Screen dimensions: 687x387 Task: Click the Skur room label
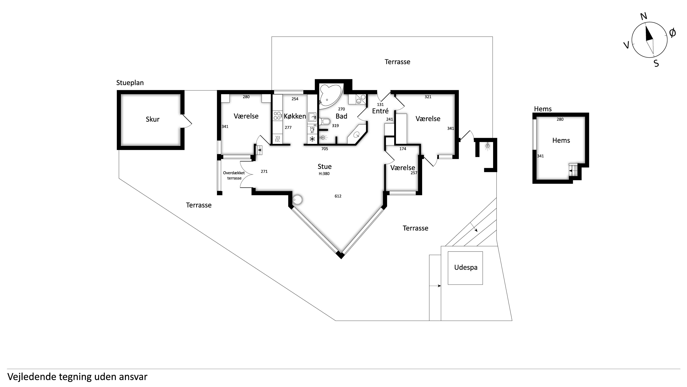pyautogui.click(x=153, y=119)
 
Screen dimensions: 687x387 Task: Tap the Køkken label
pyautogui.click(x=295, y=116)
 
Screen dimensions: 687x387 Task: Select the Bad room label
pyautogui.click(x=341, y=116)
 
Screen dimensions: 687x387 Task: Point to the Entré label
pyautogui.click(x=380, y=111)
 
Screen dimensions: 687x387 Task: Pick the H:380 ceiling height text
pyautogui.click(x=324, y=174)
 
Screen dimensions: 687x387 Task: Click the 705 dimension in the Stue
pyautogui.click(x=325, y=149)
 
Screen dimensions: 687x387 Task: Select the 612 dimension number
pyautogui.click(x=338, y=196)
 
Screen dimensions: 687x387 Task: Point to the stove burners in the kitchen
pyautogui.click(x=277, y=116)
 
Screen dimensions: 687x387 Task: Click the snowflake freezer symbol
pyautogui.click(x=312, y=139)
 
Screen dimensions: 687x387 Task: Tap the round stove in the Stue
pyautogui.click(x=298, y=200)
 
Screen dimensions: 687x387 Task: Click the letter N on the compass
pyautogui.click(x=644, y=16)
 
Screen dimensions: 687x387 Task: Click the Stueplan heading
pyautogui.click(x=130, y=83)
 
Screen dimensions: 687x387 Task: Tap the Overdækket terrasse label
pyautogui.click(x=234, y=175)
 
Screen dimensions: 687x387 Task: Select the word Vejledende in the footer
pyautogui.click(x=32, y=377)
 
